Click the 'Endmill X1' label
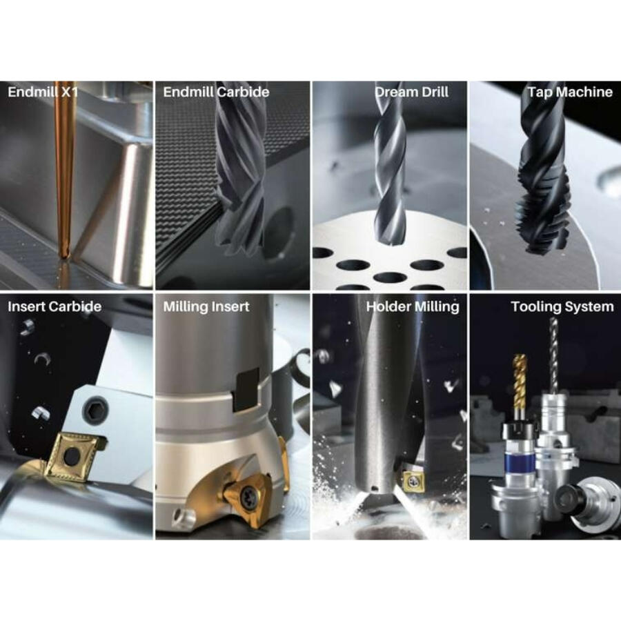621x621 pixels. click(43, 92)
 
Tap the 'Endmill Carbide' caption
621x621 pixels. click(216, 92)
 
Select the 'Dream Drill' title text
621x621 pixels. click(411, 92)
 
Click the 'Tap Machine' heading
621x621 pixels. click(571, 92)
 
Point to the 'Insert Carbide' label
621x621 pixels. click(55, 306)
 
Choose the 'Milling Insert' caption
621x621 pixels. click(206, 307)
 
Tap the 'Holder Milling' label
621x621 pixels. click(413, 307)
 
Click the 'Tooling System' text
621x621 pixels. click(562, 307)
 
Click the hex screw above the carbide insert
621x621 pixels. click(95, 413)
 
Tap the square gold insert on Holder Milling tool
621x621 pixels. click(414, 480)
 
